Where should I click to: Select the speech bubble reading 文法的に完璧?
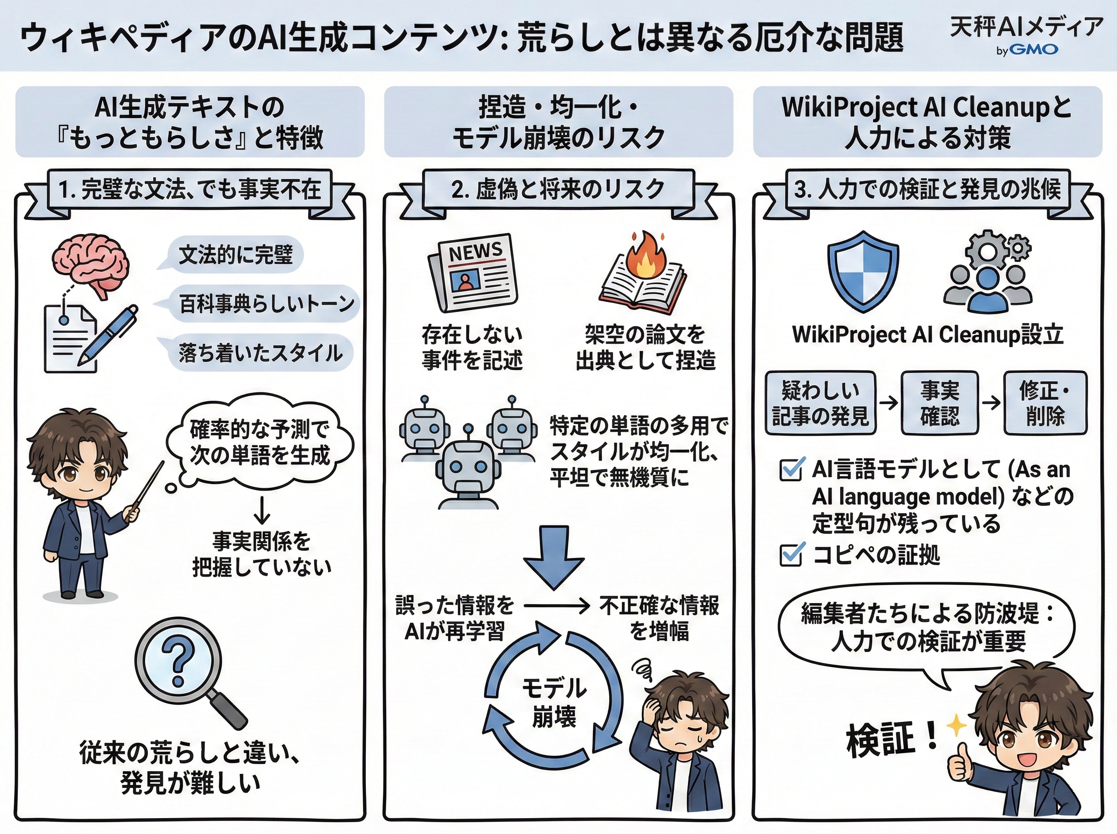coord(235,255)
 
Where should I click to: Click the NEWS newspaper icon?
coord(473,273)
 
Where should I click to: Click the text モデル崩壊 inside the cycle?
coord(554,702)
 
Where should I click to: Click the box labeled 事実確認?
coord(939,403)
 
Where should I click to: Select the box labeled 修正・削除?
coord(1045,403)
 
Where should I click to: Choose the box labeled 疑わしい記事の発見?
coord(820,403)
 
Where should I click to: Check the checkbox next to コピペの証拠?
coord(791,555)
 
